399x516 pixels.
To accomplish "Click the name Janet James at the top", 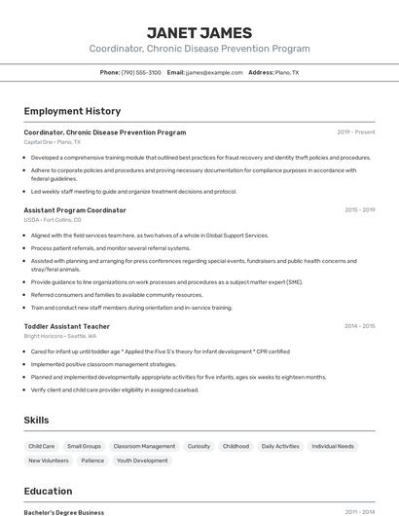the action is click(x=199, y=33).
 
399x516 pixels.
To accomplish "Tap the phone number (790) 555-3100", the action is click(x=141, y=72).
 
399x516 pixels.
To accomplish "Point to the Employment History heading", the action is click(x=72, y=111).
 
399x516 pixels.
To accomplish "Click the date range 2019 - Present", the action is click(x=356, y=132).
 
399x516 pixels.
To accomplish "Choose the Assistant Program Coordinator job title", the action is click(x=75, y=210).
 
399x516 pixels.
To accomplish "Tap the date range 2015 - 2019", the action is click(x=359, y=210).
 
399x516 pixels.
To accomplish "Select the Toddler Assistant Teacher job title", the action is click(x=67, y=326).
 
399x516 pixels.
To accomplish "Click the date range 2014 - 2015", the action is click(x=359, y=326).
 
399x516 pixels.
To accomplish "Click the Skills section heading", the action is click(x=37, y=420).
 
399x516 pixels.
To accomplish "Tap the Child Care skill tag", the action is click(x=42, y=446).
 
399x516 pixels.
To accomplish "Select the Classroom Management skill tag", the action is click(x=144, y=446).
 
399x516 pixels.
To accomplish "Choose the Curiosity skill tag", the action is click(x=199, y=446).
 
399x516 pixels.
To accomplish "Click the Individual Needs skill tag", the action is click(x=333, y=446).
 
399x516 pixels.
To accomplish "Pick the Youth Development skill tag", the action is click(x=142, y=461).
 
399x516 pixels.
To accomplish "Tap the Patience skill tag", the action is click(x=92, y=461).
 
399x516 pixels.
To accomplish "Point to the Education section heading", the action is click(x=48, y=491).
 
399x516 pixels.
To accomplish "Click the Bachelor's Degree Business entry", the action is click(x=64, y=511).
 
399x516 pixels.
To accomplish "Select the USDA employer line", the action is click(x=53, y=220).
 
